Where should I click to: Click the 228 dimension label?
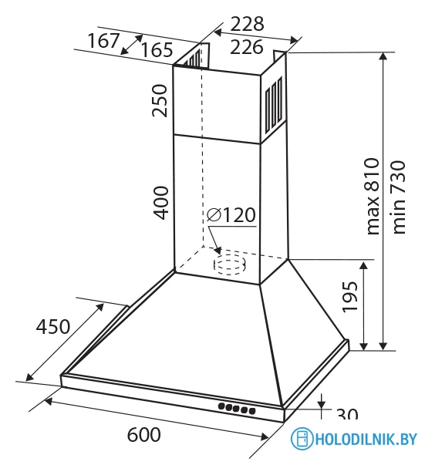coord(247,24)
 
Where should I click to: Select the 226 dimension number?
coord(246,47)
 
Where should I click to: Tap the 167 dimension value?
coord(103,41)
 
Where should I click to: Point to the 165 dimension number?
coord(157,50)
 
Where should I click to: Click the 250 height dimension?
coord(160,100)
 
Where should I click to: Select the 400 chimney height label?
coord(160,203)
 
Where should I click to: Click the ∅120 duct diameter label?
coord(231,215)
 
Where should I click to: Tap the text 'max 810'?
coord(373,196)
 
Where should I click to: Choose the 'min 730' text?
coord(399,197)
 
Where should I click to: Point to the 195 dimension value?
coord(350,297)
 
